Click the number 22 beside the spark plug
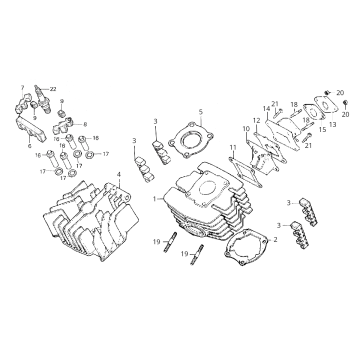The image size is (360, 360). pos(53,89)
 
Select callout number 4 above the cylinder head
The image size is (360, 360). pos(118,175)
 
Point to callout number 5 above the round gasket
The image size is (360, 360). pos(200,112)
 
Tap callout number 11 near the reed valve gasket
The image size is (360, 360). pos(232,148)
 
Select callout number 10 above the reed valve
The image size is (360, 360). pos(244,129)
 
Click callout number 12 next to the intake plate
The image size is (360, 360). pos(256,120)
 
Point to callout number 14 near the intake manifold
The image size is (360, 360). pos(268,109)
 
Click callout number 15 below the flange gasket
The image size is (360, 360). pos(322,129)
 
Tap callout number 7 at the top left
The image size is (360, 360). pos(20,88)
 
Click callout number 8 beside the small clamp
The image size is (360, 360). pos(84,124)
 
